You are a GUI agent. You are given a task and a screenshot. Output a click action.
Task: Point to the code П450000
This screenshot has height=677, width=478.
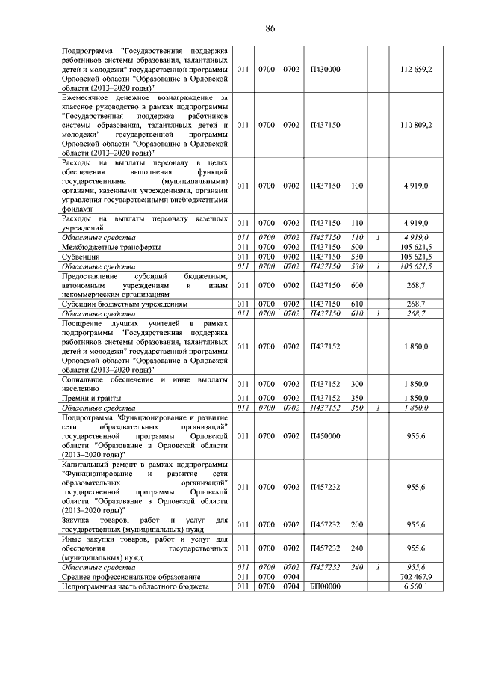(x=325, y=435)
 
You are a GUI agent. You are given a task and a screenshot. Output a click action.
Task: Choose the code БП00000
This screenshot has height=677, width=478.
(x=325, y=587)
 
